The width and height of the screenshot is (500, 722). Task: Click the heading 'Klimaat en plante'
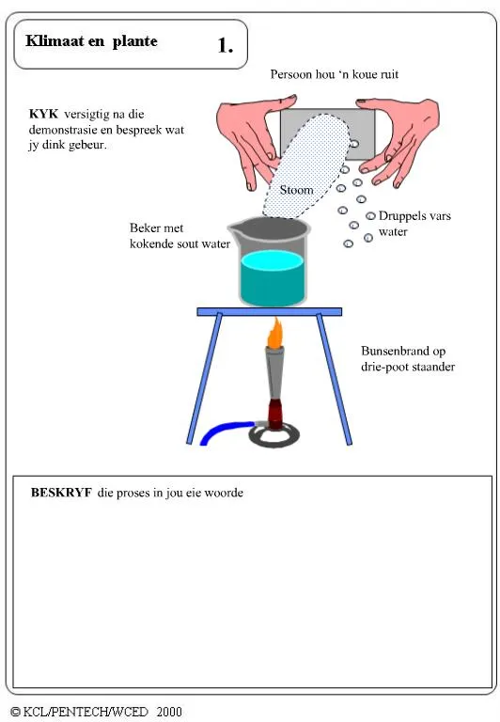[x=91, y=41]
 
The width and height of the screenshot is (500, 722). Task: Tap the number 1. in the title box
[x=226, y=45]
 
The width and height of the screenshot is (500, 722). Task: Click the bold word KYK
[x=44, y=115]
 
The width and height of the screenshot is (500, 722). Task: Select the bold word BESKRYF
[x=60, y=492]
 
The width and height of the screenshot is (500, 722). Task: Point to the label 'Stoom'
[x=296, y=191]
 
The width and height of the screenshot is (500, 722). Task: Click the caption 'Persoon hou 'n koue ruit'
[x=336, y=74]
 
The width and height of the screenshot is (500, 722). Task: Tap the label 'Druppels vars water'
[x=414, y=223]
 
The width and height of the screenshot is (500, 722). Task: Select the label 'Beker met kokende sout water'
[x=180, y=236]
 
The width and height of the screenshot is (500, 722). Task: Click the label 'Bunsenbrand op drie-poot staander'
[x=408, y=358]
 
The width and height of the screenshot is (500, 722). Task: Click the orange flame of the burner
[x=274, y=334]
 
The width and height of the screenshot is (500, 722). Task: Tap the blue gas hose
[x=219, y=432]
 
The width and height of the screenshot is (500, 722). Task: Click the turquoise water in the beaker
[x=272, y=279]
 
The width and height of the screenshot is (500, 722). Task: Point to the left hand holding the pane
[x=247, y=136]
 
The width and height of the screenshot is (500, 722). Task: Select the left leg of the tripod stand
[x=204, y=376]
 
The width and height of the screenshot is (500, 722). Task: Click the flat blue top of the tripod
[x=269, y=311]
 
